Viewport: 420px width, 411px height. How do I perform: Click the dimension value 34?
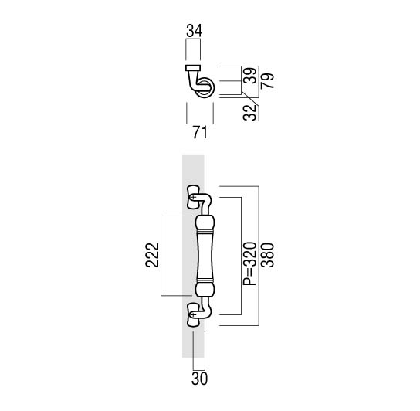pos(195,31)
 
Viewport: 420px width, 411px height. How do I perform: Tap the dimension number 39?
pos(251,76)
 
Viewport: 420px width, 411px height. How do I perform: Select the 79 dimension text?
pos(268,80)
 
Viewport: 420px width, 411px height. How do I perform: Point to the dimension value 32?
pos(249,112)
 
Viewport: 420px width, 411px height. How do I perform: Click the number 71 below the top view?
pos(200,132)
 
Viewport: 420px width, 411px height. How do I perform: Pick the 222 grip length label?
pos(152,255)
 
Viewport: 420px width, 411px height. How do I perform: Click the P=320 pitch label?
pos(249,263)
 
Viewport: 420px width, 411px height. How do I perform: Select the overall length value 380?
pos(268,255)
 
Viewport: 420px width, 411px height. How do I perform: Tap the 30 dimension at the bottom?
pos(199,379)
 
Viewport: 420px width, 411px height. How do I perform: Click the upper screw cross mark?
pos(193,198)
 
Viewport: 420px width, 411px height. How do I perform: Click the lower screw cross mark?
pos(192,314)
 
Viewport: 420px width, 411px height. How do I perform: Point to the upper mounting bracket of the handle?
pos(193,197)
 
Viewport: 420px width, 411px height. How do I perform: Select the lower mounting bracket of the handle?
pos(193,314)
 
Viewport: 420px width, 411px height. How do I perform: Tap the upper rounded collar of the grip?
pos(205,222)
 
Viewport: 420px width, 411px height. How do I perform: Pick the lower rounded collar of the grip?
pos(205,289)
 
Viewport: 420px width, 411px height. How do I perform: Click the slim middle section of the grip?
pos(205,256)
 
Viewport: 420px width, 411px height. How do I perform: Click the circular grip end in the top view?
pos(205,87)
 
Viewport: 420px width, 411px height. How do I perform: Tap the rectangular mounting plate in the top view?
pos(193,68)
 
